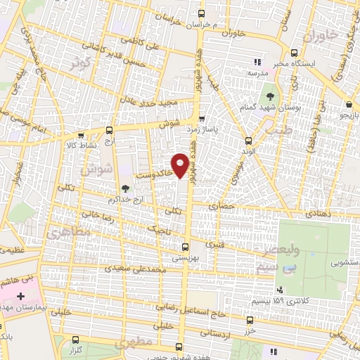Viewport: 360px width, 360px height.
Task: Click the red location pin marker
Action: tap(181, 165)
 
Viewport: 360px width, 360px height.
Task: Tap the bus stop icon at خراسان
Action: tap(202, 13)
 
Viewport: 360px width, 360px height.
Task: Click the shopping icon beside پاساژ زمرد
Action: tap(202, 119)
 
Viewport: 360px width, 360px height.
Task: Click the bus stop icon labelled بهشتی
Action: tap(185, 247)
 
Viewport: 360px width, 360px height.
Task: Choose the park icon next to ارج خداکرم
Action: tap(125, 188)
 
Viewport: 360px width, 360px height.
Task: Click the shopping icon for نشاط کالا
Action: tap(70, 133)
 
